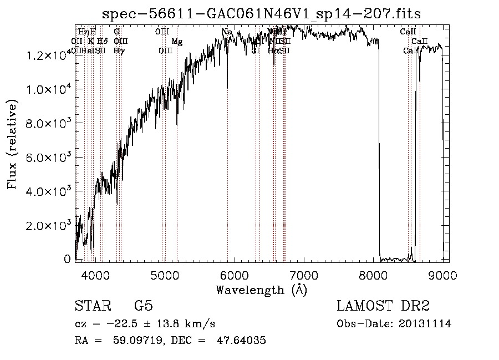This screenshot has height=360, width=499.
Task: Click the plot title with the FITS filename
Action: click(262, 14)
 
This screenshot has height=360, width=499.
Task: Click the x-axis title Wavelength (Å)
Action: click(261, 289)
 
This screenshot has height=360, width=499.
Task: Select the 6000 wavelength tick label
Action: click(235, 274)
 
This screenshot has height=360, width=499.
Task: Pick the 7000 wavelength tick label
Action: click(304, 274)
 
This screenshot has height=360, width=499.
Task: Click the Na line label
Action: click(227, 32)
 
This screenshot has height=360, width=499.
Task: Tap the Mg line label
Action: click(177, 42)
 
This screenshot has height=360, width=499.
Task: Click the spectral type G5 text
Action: click(144, 307)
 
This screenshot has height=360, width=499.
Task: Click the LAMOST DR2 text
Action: click(383, 307)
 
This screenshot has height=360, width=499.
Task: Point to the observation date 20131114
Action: click(425, 324)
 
